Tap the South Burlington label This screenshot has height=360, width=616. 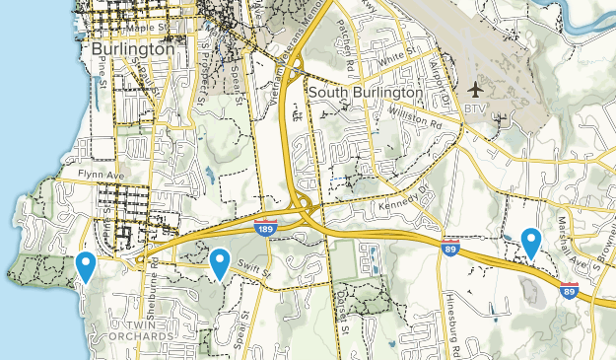point(365,92)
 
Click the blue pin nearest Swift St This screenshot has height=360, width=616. point(219,262)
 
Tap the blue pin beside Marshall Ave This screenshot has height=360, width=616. point(531,241)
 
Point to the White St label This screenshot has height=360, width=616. point(393,60)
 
